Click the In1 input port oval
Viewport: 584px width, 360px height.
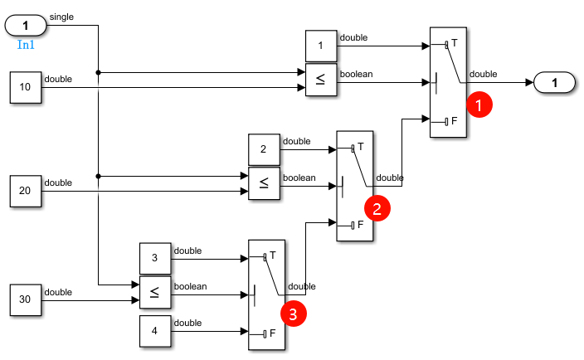[x=25, y=26]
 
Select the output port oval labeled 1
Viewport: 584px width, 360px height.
[x=557, y=82]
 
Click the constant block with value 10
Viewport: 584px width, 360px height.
[x=25, y=87]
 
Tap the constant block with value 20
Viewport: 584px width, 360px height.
[x=25, y=191]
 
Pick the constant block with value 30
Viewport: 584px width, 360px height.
[x=25, y=299]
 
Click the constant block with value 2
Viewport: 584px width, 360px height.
[x=264, y=149]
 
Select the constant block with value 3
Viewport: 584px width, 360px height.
[x=154, y=258]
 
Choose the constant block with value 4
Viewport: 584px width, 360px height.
[x=154, y=332]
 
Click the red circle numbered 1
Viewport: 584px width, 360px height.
[x=479, y=105]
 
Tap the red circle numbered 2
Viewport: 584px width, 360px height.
[x=377, y=207]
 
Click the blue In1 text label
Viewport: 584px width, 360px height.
[x=25, y=44]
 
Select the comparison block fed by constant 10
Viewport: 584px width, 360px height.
[x=321, y=80]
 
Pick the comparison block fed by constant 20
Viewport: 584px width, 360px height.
[x=264, y=184]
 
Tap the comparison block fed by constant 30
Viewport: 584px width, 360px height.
[x=154, y=292]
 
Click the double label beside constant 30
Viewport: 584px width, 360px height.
[x=58, y=291]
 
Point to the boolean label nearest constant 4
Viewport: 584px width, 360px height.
[x=189, y=286]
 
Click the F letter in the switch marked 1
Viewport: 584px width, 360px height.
[x=455, y=121]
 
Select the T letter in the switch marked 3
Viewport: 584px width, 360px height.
[x=273, y=255]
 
